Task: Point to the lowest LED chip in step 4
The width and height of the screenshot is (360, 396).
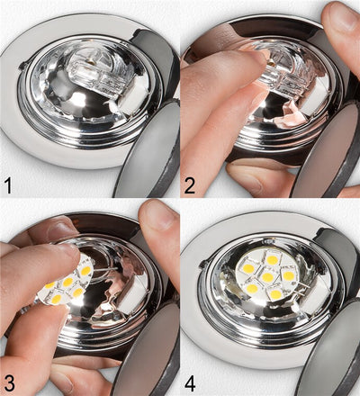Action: (274, 294)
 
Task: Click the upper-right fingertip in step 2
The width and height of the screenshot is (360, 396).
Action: (342, 27)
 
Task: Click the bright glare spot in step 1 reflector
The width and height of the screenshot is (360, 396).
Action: (79, 97)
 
